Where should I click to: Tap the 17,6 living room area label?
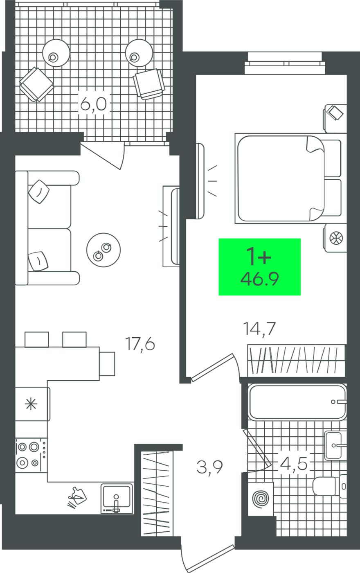click(x=140, y=344)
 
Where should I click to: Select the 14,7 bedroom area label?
click(x=260, y=329)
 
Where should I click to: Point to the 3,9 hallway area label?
click(x=209, y=467)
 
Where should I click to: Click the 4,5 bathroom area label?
click(x=293, y=463)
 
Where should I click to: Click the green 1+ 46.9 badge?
click(x=259, y=267)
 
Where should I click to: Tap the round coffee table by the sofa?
click(x=103, y=250)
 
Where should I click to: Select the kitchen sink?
click(x=117, y=499)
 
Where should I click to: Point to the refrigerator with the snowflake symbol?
click(x=32, y=404)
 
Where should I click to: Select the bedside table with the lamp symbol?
click(x=335, y=238)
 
